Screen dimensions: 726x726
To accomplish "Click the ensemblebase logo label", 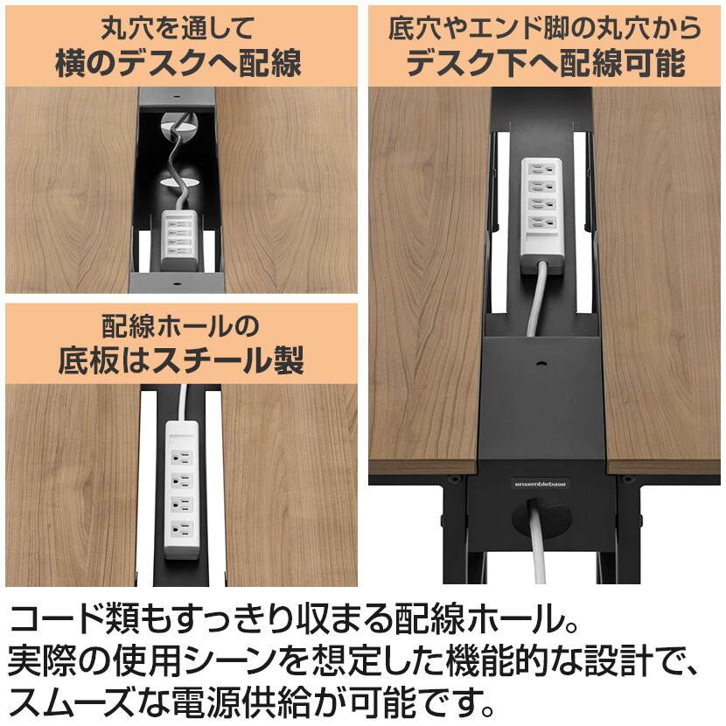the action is click(x=541, y=484).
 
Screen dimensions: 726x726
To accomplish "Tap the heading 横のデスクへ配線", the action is click(x=178, y=63).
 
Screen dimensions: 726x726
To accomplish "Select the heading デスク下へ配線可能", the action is click(x=546, y=63).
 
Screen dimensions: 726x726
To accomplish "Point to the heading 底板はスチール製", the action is click(x=181, y=360).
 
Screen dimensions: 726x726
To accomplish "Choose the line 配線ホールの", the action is click(x=180, y=326).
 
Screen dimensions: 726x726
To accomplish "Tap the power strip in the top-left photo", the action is click(x=179, y=240).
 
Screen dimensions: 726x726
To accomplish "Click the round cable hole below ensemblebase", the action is click(x=541, y=518).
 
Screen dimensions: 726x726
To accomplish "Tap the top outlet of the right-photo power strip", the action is click(x=541, y=170).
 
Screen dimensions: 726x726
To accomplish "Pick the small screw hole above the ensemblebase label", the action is click(x=541, y=364).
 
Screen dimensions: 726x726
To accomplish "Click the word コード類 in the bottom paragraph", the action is click(x=73, y=618).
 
